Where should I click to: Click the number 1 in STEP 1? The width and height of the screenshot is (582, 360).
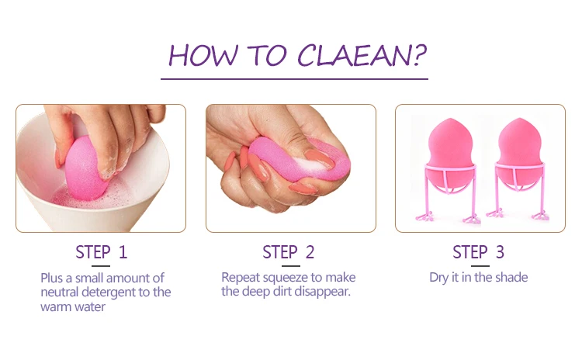[x=123, y=252]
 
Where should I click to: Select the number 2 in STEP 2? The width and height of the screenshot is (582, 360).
[x=310, y=252]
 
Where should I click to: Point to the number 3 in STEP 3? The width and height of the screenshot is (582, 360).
[x=500, y=252]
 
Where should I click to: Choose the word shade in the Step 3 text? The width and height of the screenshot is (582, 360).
[x=510, y=277]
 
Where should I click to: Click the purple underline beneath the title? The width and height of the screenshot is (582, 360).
[x=294, y=78]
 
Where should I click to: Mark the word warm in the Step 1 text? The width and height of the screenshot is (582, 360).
[x=54, y=306]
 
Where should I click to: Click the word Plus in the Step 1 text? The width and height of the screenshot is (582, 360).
[x=52, y=277]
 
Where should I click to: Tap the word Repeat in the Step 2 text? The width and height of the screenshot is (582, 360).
[x=239, y=277]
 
